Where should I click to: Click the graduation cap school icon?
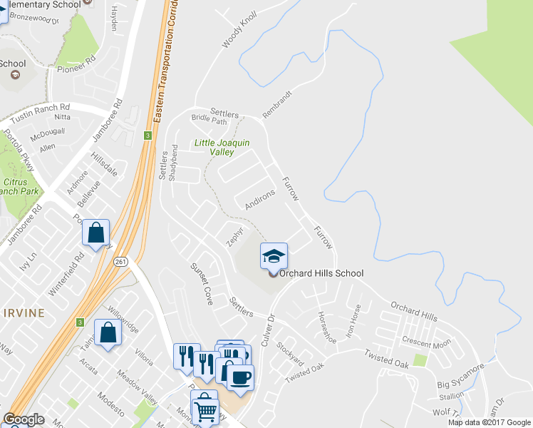(x=274, y=256)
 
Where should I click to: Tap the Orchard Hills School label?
(x=321, y=273)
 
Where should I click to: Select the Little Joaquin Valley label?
(x=222, y=148)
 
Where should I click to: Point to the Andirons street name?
(x=259, y=199)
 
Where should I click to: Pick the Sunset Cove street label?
(x=201, y=283)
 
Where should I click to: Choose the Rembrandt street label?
(x=277, y=104)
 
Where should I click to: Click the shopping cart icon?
(x=205, y=408)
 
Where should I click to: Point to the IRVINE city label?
(x=23, y=312)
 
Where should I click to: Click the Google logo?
(x=24, y=419)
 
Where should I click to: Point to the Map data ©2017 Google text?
(x=489, y=422)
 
